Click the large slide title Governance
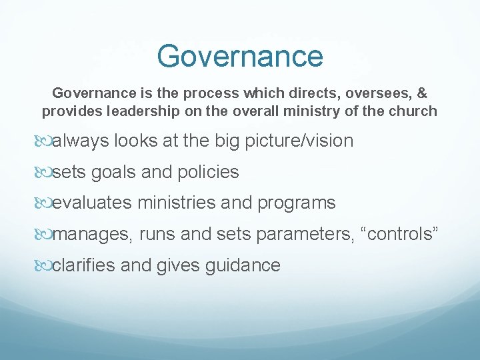click(x=240, y=56)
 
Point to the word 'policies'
click(x=207, y=172)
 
